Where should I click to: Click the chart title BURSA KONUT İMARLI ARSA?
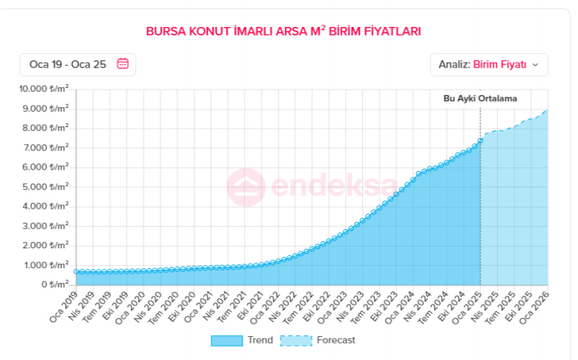(x=284, y=32)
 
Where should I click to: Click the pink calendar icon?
(x=123, y=64)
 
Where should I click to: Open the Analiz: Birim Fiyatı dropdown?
(x=489, y=65)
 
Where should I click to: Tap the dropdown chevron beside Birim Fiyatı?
(x=536, y=65)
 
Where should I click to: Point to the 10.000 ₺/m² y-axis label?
(x=44, y=89)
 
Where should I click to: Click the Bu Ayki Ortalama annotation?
(x=479, y=99)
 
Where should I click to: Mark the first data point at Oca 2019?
(x=76, y=271)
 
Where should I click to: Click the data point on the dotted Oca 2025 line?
(x=480, y=140)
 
